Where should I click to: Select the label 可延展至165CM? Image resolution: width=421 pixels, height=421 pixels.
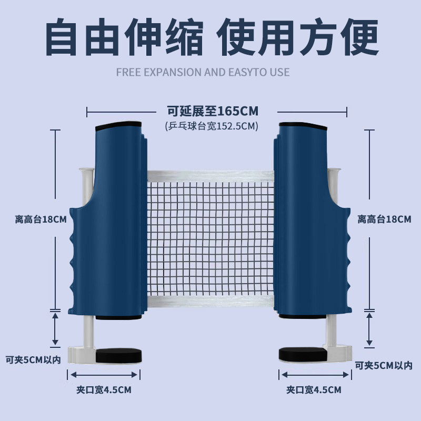click(x=213, y=111)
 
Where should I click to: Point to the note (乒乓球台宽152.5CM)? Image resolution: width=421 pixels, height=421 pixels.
click(x=212, y=126)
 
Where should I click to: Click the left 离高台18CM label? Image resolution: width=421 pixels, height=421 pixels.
click(x=40, y=219)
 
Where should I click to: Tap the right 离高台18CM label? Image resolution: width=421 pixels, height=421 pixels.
click(x=384, y=219)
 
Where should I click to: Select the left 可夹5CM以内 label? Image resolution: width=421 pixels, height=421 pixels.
click(x=33, y=360)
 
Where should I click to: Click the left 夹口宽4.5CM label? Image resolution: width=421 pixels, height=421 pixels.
click(x=104, y=390)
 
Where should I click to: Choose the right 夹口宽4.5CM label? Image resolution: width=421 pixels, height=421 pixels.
click(x=314, y=390)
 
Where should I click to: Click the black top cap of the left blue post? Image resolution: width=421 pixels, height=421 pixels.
click(x=118, y=128)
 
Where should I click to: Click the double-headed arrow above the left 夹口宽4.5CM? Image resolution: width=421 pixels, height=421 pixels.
click(x=104, y=375)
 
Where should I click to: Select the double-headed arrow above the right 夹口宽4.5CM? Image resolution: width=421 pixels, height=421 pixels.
click(x=314, y=375)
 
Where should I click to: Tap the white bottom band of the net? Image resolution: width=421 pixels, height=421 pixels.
click(x=210, y=301)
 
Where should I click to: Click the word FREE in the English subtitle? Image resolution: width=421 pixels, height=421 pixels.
click(x=127, y=72)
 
